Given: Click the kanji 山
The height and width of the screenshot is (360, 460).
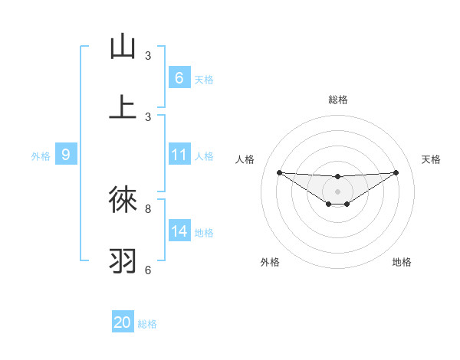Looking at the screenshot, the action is [123, 47].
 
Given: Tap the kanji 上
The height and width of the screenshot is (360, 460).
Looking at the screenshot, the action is [123, 106].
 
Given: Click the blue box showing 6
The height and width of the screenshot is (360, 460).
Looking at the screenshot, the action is [179, 77].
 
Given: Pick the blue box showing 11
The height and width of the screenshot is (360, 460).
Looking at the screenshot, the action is [179, 155].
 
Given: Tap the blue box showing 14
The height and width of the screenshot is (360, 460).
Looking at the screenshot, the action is [179, 231].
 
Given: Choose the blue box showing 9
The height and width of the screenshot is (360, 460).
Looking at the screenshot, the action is [66, 155].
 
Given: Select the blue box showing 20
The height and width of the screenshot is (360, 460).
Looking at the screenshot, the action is [123, 322].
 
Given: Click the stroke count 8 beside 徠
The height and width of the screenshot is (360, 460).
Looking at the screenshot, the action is [148, 208].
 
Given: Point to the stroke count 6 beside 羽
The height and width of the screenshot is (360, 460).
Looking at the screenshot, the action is [148, 270].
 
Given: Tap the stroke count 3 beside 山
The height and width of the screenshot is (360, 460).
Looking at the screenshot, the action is [148, 56].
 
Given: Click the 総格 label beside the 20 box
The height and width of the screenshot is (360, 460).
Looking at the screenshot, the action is [147, 324].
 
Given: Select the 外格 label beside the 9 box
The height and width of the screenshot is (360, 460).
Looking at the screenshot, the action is [41, 156].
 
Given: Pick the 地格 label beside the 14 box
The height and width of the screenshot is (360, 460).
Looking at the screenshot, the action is [204, 233].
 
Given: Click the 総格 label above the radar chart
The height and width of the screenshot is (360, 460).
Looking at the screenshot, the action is [337, 100].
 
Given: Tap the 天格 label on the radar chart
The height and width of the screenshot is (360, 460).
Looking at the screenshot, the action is [431, 159].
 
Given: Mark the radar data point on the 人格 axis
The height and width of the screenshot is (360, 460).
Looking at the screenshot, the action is [279, 172].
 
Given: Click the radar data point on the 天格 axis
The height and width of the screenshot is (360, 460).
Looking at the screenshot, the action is [396, 172].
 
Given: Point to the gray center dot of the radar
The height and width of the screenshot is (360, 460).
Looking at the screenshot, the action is [337, 191].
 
